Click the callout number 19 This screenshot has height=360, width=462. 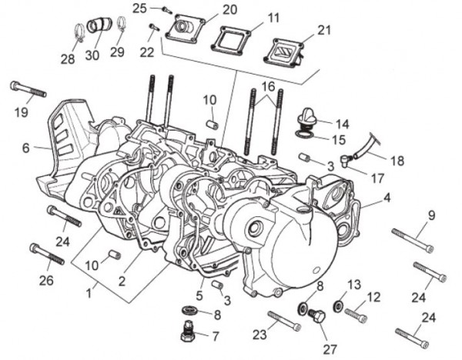pos(21,112)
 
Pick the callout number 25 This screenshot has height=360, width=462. pos(139,8)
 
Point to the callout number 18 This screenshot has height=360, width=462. pos(397,161)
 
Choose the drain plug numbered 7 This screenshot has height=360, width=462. pos(187,332)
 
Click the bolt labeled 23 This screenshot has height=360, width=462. pos(283,319)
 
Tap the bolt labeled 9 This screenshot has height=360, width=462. pos(412,238)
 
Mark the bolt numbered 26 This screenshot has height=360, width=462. pos(47,252)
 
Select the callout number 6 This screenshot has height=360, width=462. pos(25,148)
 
